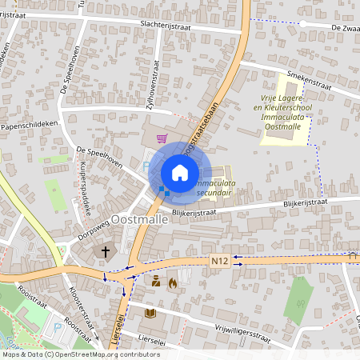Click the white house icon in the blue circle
click(180, 172)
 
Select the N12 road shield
click(221, 260)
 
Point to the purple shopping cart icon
click(162, 138)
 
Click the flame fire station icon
click(172, 282)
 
